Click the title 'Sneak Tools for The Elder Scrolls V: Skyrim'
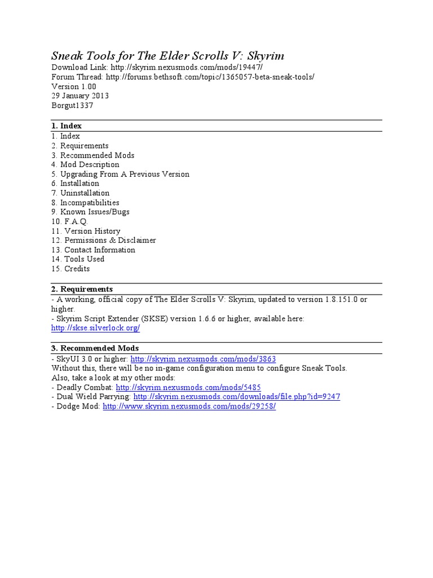point(167,55)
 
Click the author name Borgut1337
point(72,105)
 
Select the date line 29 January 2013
point(80,95)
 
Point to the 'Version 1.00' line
point(74,86)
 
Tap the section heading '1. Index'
point(67,126)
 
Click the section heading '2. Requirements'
point(82,289)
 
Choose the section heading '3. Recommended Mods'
point(95,348)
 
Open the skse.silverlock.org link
point(95,328)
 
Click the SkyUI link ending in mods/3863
point(203,359)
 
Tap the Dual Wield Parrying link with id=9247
point(237,397)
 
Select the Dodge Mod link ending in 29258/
point(189,406)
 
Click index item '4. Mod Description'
point(85,164)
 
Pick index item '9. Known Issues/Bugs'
point(90,212)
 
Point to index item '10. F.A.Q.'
point(70,221)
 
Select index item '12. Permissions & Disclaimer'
point(103,240)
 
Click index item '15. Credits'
point(70,269)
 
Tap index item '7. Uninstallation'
point(80,192)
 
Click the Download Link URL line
point(157,67)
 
